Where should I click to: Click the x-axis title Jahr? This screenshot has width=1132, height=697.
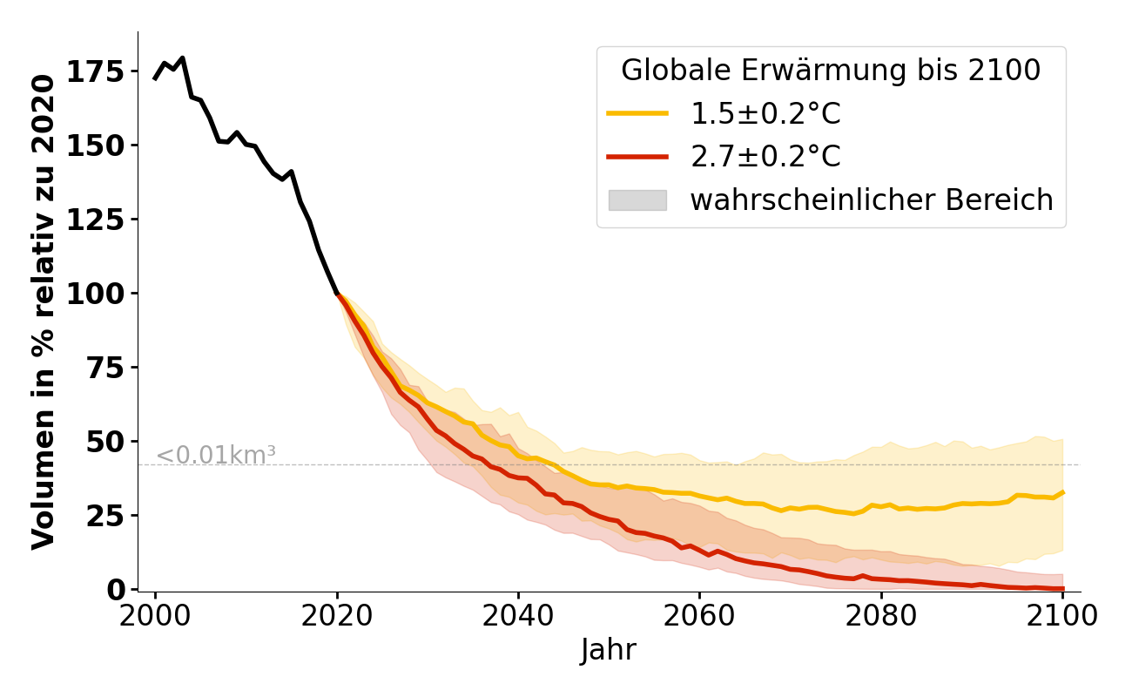609,650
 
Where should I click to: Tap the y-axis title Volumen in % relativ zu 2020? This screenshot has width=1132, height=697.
44,311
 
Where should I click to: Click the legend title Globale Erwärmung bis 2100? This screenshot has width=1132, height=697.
831,71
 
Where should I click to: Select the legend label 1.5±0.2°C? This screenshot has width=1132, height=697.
765,113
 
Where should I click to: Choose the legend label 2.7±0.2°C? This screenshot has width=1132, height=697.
765,157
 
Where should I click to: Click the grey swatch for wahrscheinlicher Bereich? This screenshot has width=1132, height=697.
637,200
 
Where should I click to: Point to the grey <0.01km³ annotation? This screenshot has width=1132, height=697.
216,455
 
